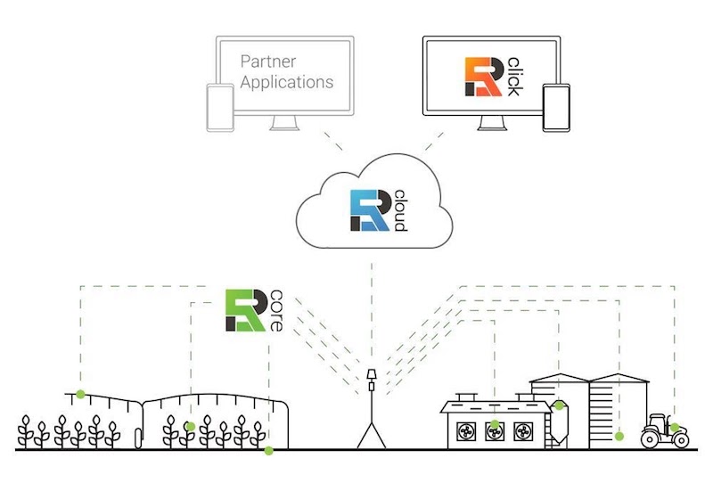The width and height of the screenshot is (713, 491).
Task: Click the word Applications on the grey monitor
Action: [x=287, y=83]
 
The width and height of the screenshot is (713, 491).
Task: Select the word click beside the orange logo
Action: [x=513, y=78]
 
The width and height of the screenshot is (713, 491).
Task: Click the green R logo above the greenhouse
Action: [x=241, y=310]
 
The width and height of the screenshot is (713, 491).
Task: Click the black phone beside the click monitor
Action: [x=555, y=108]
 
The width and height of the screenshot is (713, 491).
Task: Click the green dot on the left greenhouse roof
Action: [x=80, y=394]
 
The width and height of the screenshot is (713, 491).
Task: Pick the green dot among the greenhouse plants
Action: [x=190, y=427]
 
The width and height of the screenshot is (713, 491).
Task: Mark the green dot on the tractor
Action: [x=675, y=428]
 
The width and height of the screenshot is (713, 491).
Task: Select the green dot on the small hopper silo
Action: [x=560, y=406]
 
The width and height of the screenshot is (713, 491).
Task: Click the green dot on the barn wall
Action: [x=496, y=424]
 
